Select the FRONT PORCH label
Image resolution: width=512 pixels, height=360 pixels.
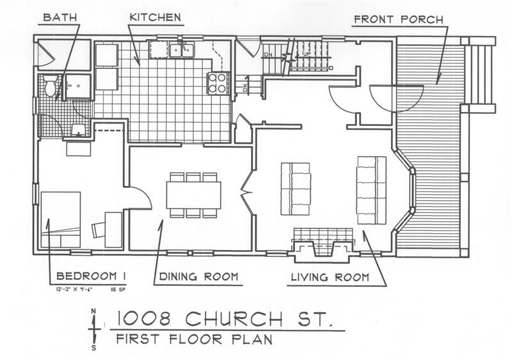tap(398, 19)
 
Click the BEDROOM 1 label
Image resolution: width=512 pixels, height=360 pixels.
tap(90, 276)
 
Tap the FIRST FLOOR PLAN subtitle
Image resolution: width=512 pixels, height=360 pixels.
tap(191, 339)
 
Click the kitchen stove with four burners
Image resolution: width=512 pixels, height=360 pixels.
tap(218, 83)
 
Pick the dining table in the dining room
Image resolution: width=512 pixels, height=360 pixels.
tap(193, 195)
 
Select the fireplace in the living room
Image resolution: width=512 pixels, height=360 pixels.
tap(323, 245)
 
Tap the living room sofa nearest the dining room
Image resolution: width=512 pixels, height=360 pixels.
tap(295, 189)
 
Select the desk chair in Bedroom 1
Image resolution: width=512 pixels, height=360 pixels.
tap(99, 229)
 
